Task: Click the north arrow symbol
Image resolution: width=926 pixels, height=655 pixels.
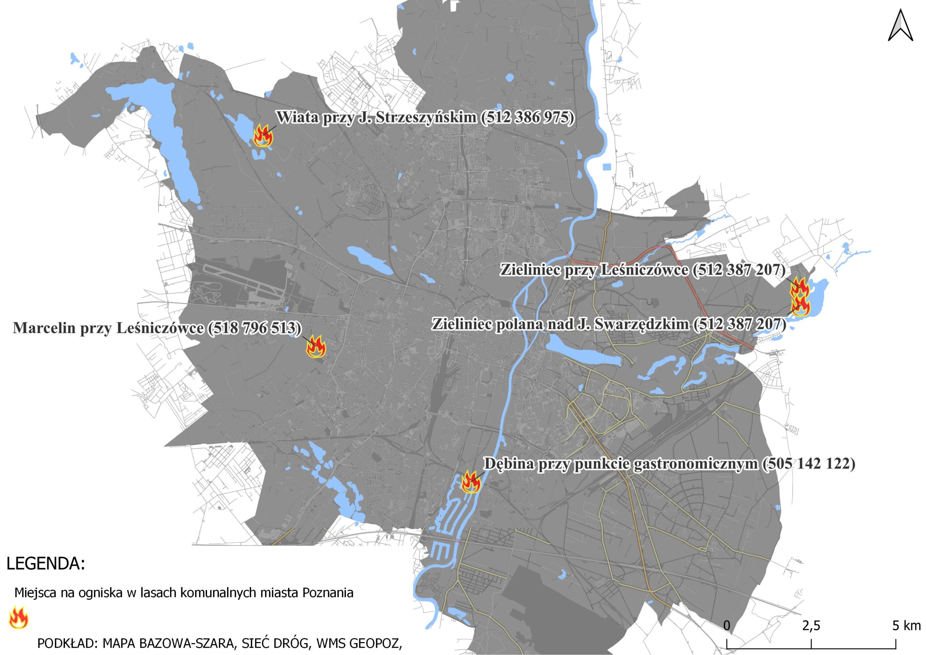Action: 900,25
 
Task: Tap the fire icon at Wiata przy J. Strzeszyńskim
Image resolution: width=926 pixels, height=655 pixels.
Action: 263,136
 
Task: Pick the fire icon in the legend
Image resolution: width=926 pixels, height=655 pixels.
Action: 18,617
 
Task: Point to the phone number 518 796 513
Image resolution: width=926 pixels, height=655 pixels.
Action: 255,328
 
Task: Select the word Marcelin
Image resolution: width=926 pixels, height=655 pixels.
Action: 44,328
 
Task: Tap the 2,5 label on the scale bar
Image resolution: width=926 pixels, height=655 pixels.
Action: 811,626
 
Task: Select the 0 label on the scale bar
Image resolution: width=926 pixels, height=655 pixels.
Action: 727,626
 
